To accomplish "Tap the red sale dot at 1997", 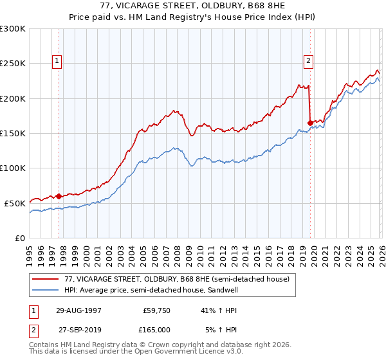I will coord(59,196).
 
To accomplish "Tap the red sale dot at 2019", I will coord(310,122).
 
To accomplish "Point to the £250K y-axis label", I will coord(13,64).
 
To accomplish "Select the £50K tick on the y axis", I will coord(15,203).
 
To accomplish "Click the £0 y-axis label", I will coord(20,238).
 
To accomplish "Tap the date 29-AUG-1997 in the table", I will coord(78,310).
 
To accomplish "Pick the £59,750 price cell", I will coord(156,310).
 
